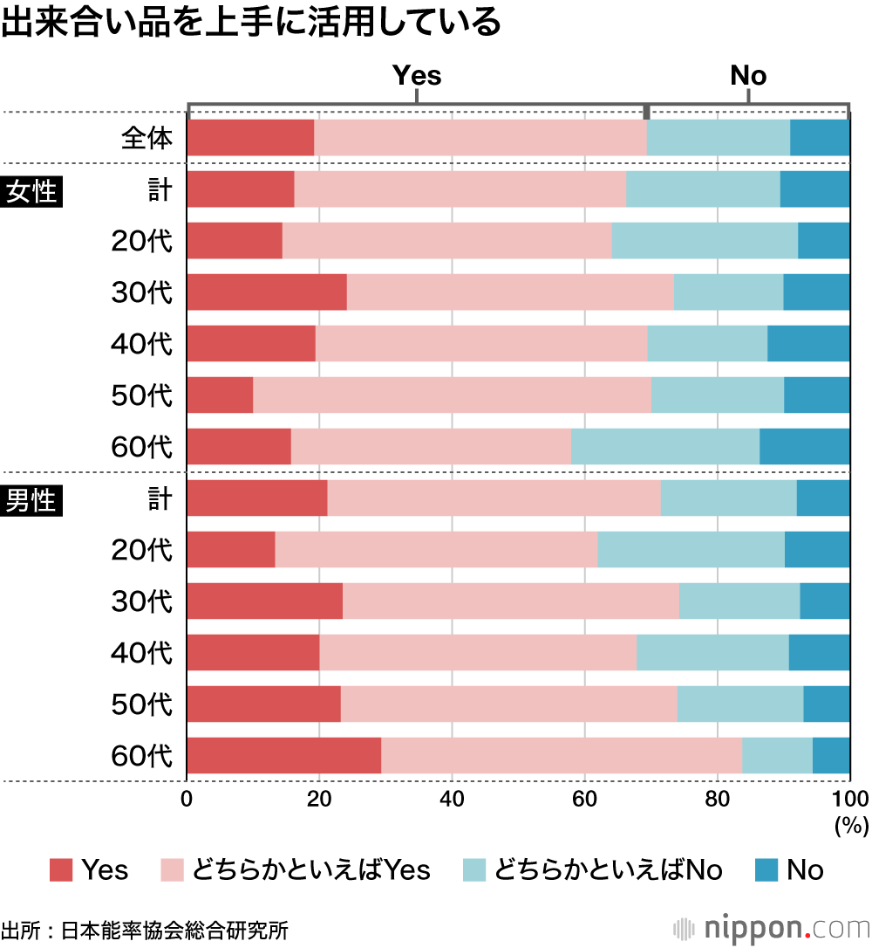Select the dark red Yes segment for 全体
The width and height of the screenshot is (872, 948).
250,138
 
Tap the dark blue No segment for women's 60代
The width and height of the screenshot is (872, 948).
804,447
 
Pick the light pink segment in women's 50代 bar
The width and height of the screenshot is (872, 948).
452,395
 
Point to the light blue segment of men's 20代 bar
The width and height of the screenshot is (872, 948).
691,550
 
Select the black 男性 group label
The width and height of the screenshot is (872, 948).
31,501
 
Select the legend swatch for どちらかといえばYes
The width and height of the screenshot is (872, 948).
173,869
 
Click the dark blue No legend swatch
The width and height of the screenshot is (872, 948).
766,869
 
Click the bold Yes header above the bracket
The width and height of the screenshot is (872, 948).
417,75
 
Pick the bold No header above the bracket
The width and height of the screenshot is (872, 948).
748,75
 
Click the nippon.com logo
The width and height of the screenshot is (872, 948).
771,925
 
